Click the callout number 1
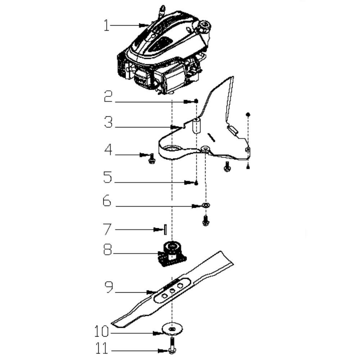click(106, 25)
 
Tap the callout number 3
click(108, 122)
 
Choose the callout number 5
click(107, 177)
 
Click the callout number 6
click(107, 201)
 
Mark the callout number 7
click(107, 229)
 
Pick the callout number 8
click(107, 249)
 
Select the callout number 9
click(109, 287)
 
